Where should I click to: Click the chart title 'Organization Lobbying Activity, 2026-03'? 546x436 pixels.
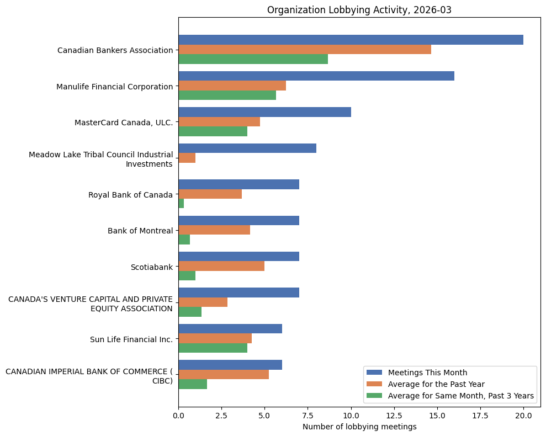tap(359, 10)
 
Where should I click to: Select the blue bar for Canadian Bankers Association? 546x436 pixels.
tap(351, 40)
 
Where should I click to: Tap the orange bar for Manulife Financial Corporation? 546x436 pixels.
tap(232, 86)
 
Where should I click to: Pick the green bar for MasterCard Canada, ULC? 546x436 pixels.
tap(213, 131)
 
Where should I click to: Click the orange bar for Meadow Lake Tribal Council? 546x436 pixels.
tap(187, 158)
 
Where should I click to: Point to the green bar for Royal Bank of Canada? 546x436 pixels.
tap(181, 204)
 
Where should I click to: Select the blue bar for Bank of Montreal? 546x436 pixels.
tap(238, 221)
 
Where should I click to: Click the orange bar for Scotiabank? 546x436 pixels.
tap(221, 266)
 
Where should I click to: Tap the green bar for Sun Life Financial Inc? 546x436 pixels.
tap(213, 348)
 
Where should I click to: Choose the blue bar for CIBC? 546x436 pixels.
tap(230, 365)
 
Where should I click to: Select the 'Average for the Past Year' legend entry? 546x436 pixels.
tap(436, 384)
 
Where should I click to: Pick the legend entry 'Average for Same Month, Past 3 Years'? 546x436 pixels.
tap(461, 395)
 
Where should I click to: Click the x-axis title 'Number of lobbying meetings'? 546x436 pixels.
tap(359, 427)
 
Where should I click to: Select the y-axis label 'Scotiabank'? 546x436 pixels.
tap(151, 267)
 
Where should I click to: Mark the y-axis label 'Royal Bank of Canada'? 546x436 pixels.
tap(130, 195)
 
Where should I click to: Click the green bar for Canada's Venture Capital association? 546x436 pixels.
tap(190, 312)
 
